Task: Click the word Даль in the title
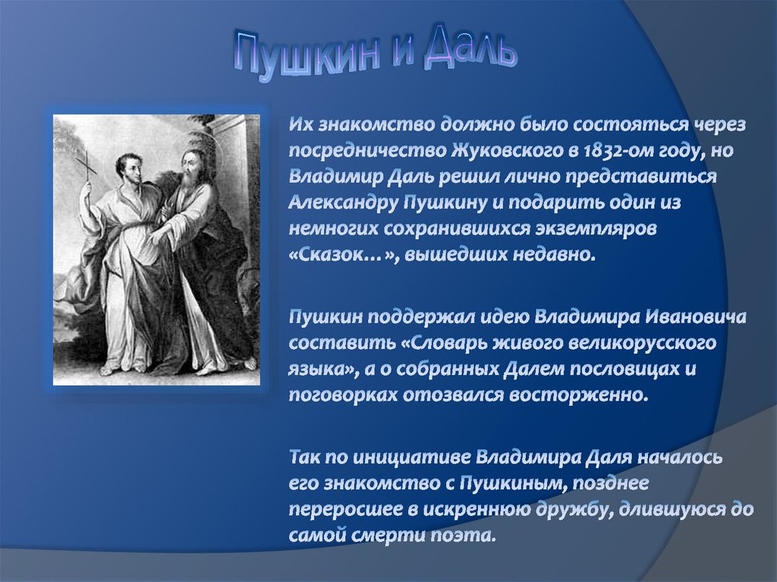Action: point(469,50)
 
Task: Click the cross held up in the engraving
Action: point(88,165)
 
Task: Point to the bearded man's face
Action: point(190,165)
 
